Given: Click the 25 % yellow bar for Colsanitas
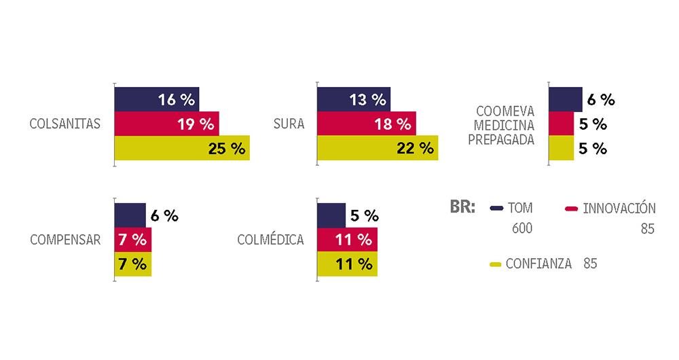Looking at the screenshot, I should (x=181, y=149).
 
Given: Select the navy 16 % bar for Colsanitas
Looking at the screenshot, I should (x=156, y=100).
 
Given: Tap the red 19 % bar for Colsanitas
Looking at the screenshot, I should (x=166, y=124).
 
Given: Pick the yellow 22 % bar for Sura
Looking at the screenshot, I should (x=377, y=149).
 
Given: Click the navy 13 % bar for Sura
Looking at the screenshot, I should (x=353, y=100).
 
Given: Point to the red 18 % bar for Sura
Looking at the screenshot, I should (x=366, y=124).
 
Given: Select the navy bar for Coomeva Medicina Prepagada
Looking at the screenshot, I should (x=565, y=99).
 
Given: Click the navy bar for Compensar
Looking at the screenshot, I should (x=130, y=215).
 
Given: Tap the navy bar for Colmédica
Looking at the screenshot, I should (x=331, y=215).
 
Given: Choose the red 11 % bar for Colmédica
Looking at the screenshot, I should (x=347, y=240).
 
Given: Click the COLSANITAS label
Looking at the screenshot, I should (x=65, y=124).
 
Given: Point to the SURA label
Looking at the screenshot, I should (x=289, y=124).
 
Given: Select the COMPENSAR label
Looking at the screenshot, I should (x=65, y=240).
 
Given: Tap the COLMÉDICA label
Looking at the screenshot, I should (x=270, y=240).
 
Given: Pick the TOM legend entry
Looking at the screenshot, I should (x=521, y=208).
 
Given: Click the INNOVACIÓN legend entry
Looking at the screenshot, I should (x=619, y=208).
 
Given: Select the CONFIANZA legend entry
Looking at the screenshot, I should (x=538, y=264).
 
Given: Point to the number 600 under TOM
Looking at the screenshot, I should (x=522, y=228).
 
